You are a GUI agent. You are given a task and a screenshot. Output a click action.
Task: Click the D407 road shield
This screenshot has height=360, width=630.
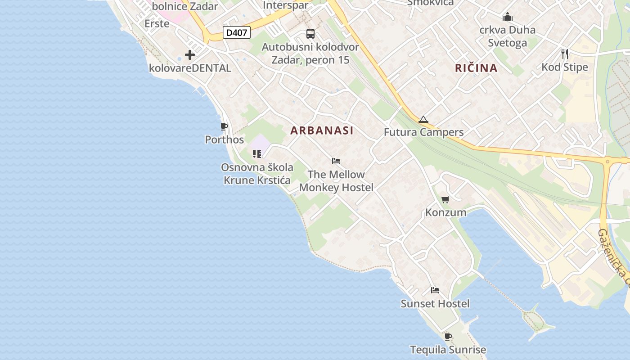[x=237, y=32]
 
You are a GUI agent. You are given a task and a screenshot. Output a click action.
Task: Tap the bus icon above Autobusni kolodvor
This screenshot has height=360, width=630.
[x=310, y=33]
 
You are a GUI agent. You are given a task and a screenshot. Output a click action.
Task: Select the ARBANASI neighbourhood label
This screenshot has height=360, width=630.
[x=322, y=130]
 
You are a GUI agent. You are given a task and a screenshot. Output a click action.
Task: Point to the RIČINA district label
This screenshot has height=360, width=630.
[x=476, y=68]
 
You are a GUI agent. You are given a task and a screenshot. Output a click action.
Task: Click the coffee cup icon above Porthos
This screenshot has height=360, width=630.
[x=224, y=126]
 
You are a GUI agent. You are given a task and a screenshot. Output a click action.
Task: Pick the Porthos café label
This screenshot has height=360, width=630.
[x=224, y=139]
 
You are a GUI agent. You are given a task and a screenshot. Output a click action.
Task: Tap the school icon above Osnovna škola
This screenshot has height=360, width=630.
[x=257, y=154]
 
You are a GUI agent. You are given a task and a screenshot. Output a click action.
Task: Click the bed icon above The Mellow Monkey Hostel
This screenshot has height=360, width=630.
[x=336, y=161]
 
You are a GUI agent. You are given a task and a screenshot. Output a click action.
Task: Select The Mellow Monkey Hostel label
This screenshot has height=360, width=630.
[x=336, y=181]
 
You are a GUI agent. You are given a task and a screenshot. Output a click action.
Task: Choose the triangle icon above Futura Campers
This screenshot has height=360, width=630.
[x=423, y=119]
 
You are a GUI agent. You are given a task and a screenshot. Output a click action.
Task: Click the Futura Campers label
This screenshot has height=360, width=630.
[x=423, y=132]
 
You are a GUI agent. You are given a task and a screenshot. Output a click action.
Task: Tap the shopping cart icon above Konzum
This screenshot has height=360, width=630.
[x=445, y=199]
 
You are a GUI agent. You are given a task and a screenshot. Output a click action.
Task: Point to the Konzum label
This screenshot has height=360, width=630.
[x=445, y=212]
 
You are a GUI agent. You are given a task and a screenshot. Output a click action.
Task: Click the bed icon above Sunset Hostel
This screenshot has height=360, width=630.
[x=435, y=290]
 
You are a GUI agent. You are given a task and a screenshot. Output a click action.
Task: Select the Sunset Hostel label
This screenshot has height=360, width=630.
[x=435, y=304]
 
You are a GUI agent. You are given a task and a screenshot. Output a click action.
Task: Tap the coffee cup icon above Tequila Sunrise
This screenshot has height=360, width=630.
[x=448, y=336]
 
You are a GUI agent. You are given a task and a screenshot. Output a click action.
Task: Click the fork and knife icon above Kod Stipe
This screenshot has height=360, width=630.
[x=565, y=54]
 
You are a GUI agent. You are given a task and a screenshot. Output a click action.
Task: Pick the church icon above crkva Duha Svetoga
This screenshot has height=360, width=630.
[x=508, y=17]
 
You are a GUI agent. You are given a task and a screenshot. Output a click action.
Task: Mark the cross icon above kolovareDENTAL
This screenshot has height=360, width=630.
[x=190, y=55]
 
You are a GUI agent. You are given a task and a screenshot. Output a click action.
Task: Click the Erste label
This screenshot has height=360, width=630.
[x=157, y=23]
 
